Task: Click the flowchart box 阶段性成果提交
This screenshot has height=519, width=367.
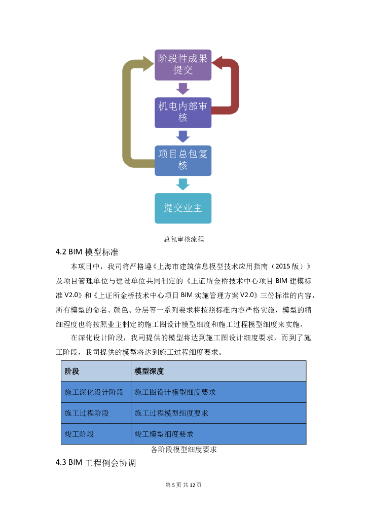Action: point(182,64)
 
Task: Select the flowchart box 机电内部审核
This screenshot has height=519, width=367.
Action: point(182,112)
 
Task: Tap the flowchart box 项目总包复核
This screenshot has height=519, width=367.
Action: point(182,160)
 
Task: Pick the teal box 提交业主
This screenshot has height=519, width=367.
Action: point(182,208)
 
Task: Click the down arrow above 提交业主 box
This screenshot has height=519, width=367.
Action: point(182,184)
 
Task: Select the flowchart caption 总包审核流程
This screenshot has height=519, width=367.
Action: point(183,239)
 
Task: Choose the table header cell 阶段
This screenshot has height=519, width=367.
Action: point(72,371)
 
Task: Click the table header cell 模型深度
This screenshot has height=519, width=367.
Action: point(149,371)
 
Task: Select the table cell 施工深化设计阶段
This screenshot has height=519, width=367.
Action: point(94,392)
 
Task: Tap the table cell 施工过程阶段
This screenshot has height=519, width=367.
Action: point(87,413)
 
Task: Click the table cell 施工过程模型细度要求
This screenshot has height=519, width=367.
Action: point(171,413)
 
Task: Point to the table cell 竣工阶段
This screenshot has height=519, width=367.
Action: point(80,434)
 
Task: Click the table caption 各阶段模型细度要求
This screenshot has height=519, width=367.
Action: point(184,450)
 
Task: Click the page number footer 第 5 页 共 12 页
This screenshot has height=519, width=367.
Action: point(183,485)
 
